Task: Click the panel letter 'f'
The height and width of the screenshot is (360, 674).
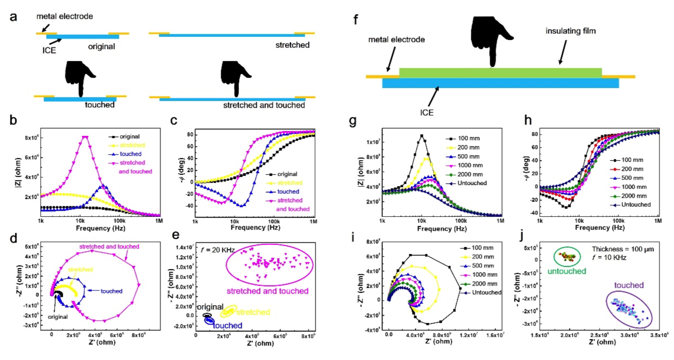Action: click(356, 19)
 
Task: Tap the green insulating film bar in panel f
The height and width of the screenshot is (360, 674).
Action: click(500, 73)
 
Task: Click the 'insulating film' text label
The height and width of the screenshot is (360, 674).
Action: click(570, 31)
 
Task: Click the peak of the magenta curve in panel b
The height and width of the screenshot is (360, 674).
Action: click(85, 137)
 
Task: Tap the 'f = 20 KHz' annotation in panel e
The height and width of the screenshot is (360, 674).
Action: click(217, 250)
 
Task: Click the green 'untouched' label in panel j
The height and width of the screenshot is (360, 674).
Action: click(566, 271)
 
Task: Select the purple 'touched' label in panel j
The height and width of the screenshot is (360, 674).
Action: click(629, 285)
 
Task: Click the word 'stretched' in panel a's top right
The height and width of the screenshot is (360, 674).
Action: click(292, 45)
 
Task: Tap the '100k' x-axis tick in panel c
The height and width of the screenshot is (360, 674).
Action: click(274, 221)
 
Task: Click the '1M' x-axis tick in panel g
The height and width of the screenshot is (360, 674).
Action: click(500, 221)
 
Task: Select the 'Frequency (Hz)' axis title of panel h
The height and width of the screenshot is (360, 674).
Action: click(599, 228)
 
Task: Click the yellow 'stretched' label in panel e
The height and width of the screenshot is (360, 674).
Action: click(253, 312)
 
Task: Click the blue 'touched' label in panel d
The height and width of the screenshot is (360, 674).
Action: click(111, 291)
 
